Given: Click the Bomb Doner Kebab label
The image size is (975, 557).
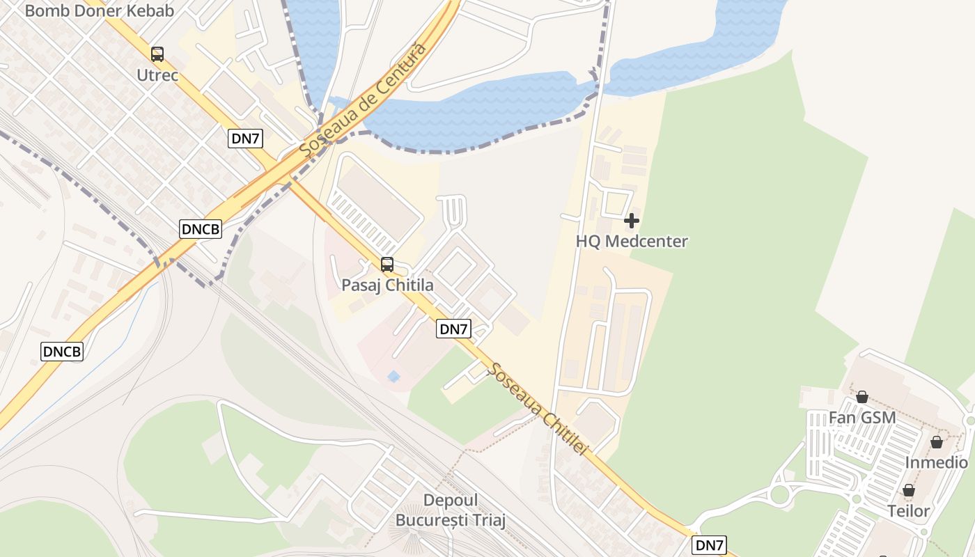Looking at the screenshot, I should (x=100, y=10).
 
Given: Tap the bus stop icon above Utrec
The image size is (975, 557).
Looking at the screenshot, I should (x=157, y=54).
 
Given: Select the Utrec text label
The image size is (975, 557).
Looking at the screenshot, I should (x=157, y=75).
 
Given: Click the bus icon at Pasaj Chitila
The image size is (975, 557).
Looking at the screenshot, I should (x=387, y=265).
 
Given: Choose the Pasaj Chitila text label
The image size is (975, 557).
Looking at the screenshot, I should (x=387, y=285).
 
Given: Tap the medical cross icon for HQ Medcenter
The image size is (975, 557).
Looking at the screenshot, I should (x=632, y=221).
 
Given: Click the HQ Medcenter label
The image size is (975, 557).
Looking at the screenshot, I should (x=632, y=242).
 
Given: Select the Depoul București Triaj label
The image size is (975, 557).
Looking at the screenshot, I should (x=451, y=510).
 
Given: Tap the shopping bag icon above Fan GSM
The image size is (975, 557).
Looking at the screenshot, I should (x=862, y=397).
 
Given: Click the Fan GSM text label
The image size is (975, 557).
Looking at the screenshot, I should (x=862, y=418).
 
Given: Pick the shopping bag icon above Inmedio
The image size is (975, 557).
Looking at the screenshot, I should (x=937, y=442).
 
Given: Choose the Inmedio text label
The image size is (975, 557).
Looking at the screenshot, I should (x=937, y=463).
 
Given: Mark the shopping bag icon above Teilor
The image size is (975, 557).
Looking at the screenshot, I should (x=909, y=490).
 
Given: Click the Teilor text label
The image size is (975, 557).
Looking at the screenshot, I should (x=909, y=511).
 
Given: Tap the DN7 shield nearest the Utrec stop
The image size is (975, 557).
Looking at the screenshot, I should (x=245, y=139).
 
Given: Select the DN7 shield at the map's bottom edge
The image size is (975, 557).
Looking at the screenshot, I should (x=710, y=545).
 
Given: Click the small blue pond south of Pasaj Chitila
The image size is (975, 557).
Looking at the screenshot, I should (x=393, y=377).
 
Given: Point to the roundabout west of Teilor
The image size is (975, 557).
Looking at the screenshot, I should (x=780, y=495).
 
